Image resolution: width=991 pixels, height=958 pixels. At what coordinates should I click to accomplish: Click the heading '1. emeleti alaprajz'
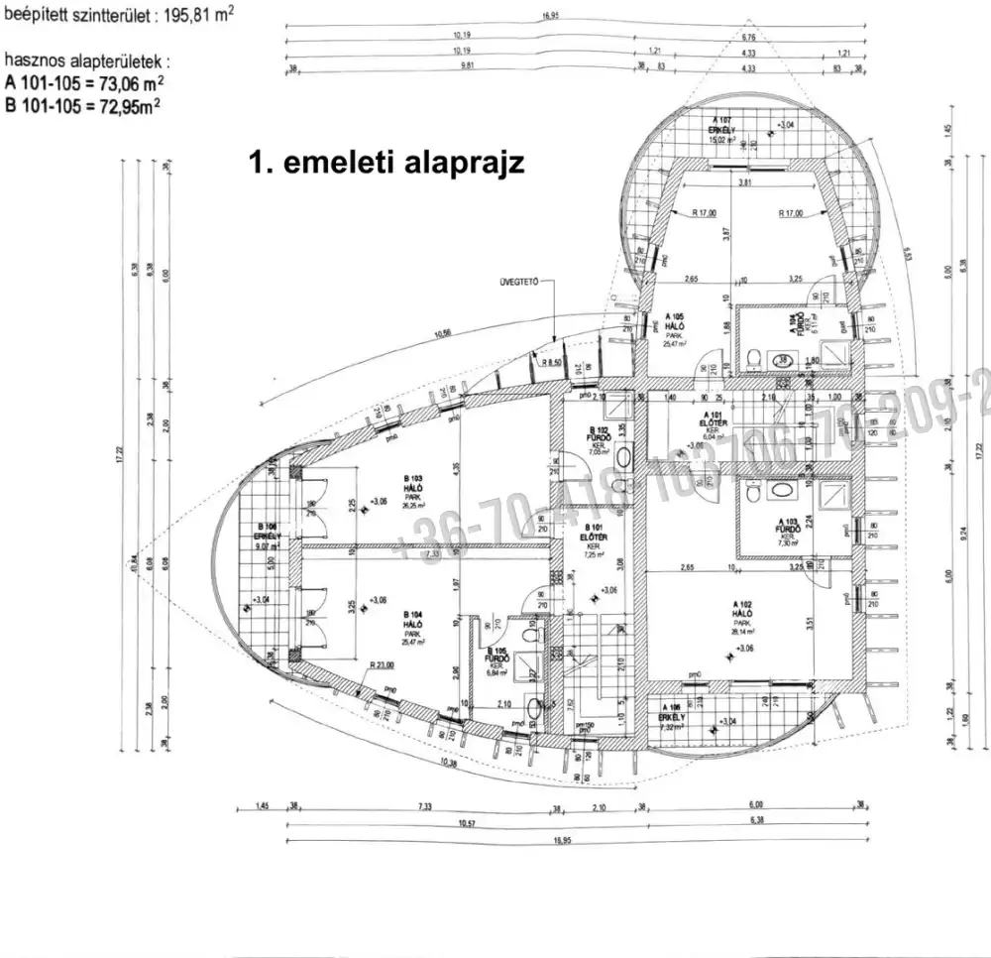click(386, 164)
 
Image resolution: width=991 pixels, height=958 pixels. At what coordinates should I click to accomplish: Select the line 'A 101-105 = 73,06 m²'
click(84, 83)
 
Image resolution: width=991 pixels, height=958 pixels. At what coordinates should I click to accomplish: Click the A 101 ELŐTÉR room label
click(712, 423)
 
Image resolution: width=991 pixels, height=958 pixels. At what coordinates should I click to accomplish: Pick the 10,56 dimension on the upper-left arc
click(441, 333)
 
